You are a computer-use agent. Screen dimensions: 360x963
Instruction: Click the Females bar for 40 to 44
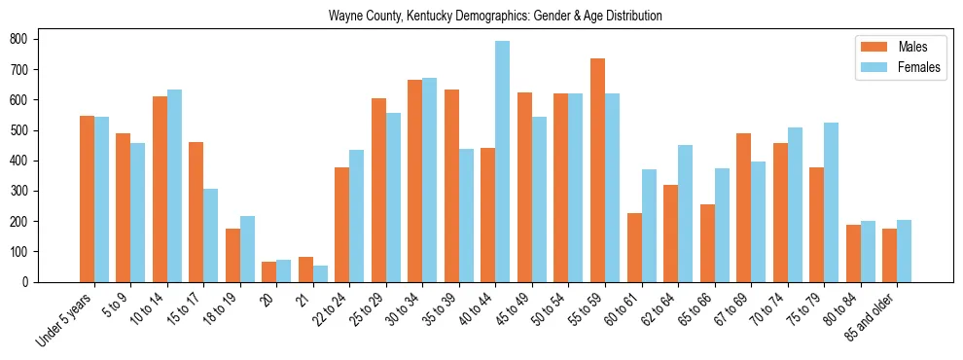click(x=502, y=162)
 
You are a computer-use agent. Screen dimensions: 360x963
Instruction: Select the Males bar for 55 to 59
click(x=597, y=170)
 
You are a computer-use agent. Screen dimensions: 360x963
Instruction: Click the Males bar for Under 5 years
click(x=87, y=198)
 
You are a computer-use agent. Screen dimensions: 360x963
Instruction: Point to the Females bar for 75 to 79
click(x=831, y=202)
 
